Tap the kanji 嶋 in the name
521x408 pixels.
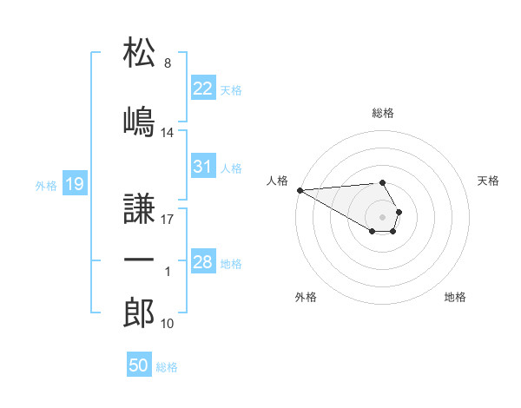[140, 122]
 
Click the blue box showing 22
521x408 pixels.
[203, 88]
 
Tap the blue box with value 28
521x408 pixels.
[203, 261]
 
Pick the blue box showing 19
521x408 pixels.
[74, 183]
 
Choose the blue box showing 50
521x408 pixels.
[139, 365]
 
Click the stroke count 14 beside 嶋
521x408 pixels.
[168, 133]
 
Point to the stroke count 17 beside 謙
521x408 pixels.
[168, 220]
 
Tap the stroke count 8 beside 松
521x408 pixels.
[167, 63]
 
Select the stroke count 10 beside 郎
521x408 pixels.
[168, 324]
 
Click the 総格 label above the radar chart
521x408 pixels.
[383, 113]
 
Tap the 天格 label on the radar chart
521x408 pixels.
[489, 181]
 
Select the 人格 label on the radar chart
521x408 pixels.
[276, 181]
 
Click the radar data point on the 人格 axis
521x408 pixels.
[300, 190]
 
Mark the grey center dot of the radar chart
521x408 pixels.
[383, 216]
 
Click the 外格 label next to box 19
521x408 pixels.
[45, 185]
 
